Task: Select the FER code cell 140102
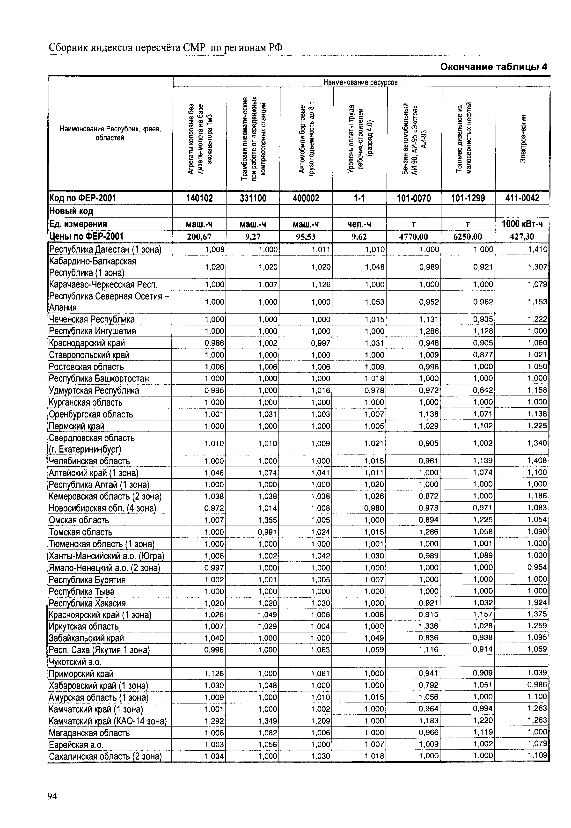[199, 198]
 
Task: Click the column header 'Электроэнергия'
[523, 139]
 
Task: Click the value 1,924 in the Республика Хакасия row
[537, 603]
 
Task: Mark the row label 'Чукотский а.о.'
[75, 662]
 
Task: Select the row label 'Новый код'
[71, 211]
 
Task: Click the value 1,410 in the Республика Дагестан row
[537, 249]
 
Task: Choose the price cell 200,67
[199, 236]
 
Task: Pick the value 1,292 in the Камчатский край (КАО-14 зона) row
[214, 721]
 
